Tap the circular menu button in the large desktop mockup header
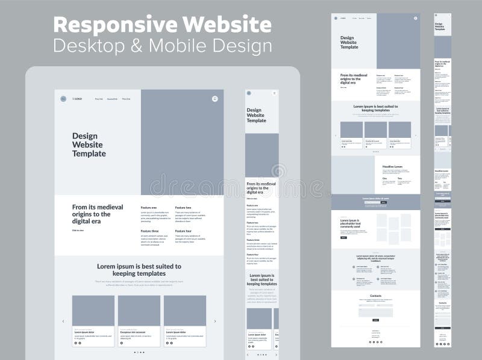214,99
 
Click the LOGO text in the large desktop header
77,99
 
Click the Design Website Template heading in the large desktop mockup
89,144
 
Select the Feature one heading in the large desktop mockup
149,208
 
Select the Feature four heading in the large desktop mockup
183,231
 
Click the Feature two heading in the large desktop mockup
183,208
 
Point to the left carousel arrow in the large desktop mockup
63,321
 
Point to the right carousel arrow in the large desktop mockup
215,321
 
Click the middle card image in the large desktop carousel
139,310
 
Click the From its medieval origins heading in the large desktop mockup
91,214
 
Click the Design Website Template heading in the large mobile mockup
256,115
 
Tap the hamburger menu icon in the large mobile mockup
275,93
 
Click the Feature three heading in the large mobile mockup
253,240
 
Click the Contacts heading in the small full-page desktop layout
375,296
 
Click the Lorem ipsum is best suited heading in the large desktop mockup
139,269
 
